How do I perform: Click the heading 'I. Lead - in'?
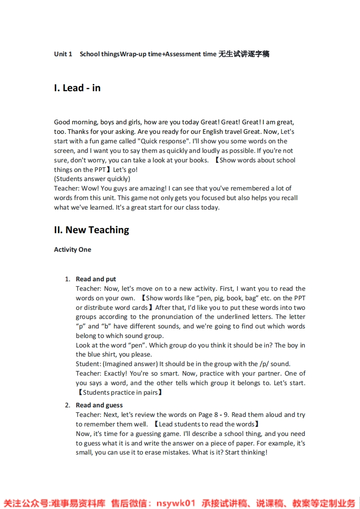pos(77,88)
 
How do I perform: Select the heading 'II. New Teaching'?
pos(91,230)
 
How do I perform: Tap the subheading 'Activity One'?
pos(73,250)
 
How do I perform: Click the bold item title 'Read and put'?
pos(96,279)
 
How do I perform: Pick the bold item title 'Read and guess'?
pos(99,405)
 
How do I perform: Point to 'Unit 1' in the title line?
pos(63,54)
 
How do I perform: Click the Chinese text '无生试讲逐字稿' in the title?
pos(244,54)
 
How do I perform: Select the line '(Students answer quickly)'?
pos(92,179)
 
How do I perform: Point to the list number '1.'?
pos(67,279)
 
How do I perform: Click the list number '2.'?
pos(67,405)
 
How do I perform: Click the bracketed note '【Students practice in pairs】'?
pos(119,392)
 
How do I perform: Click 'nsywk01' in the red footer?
pos(175,503)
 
